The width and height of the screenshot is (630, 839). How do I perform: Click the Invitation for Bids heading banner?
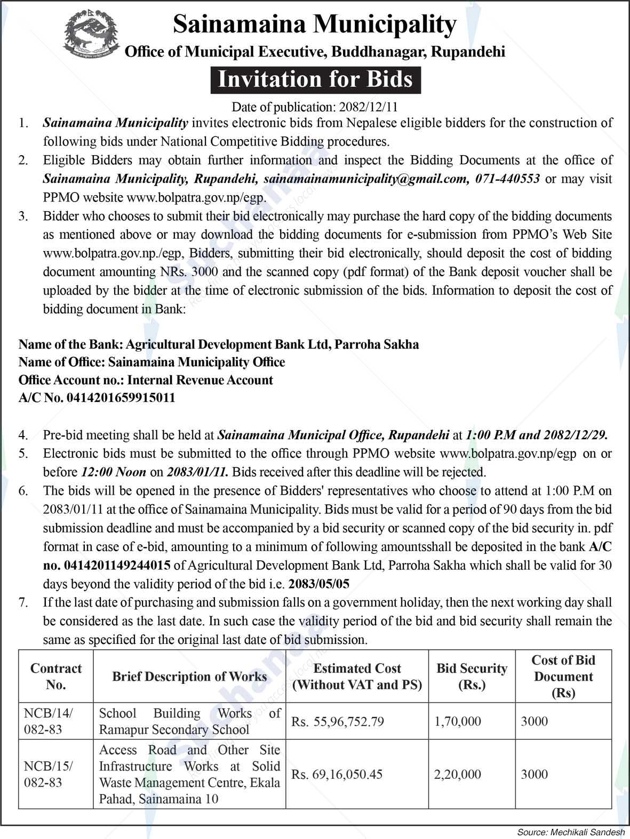[x=315, y=79]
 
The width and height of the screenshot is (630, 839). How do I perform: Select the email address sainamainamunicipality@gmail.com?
[x=365, y=179]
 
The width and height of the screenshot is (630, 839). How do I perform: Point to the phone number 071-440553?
[x=507, y=179]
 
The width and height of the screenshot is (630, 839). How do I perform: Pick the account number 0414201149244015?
[x=117, y=565]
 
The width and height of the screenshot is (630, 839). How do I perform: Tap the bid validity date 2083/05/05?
[x=318, y=584]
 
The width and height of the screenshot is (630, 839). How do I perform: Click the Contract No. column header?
[x=56, y=676]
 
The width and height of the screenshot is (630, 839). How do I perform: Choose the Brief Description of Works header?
[x=189, y=676]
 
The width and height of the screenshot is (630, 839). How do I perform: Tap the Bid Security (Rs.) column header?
[x=472, y=676]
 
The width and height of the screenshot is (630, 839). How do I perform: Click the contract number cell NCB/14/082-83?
[x=49, y=721]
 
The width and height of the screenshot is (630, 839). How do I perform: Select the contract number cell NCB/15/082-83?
[x=49, y=774]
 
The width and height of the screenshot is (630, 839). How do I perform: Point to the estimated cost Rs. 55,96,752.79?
[x=338, y=722]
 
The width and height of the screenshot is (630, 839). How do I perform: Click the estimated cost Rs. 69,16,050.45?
[x=337, y=775]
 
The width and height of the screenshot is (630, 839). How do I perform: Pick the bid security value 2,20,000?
[x=457, y=775]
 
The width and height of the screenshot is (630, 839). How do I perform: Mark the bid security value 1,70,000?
[x=457, y=722]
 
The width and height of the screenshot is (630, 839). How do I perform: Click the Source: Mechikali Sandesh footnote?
[x=571, y=832]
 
